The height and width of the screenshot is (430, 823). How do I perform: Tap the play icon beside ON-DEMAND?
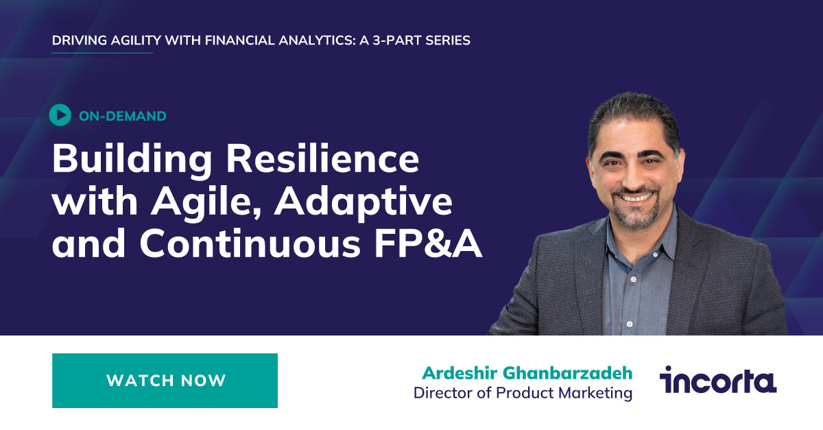60,115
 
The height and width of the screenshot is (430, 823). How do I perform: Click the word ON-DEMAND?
122,116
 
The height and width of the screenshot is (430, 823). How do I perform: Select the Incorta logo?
717,379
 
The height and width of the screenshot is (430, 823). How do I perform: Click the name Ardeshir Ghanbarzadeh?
527,373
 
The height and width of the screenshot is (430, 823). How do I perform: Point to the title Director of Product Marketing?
523,393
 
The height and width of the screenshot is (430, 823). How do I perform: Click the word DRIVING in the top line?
79,40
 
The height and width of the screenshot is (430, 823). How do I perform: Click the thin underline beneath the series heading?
102,53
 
